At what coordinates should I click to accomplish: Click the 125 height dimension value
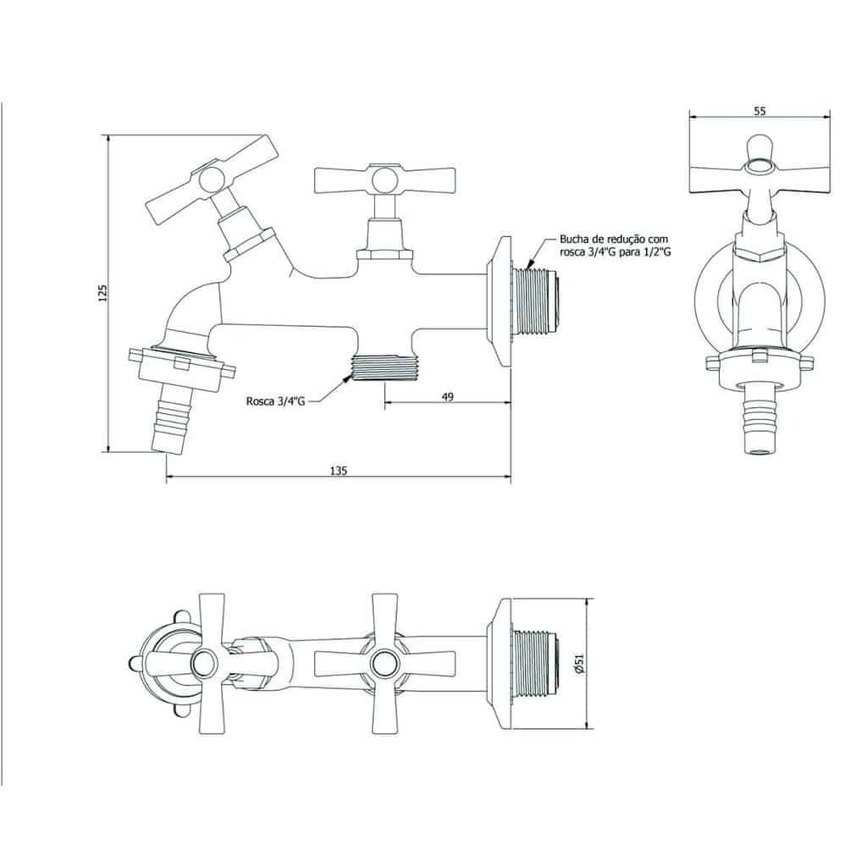pos(102,293)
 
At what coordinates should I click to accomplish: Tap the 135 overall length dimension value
pos(339,471)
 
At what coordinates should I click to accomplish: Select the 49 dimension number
pos(448,396)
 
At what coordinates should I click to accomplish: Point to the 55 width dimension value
pos(759,111)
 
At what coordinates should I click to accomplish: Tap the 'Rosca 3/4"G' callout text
pos(275,401)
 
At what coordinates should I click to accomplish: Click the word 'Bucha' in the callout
pos(573,240)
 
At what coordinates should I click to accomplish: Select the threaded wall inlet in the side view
pos(536,301)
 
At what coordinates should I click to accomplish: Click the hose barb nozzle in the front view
pos(759,419)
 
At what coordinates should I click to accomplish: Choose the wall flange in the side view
pos(500,301)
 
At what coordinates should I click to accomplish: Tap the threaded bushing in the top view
pos(536,663)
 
